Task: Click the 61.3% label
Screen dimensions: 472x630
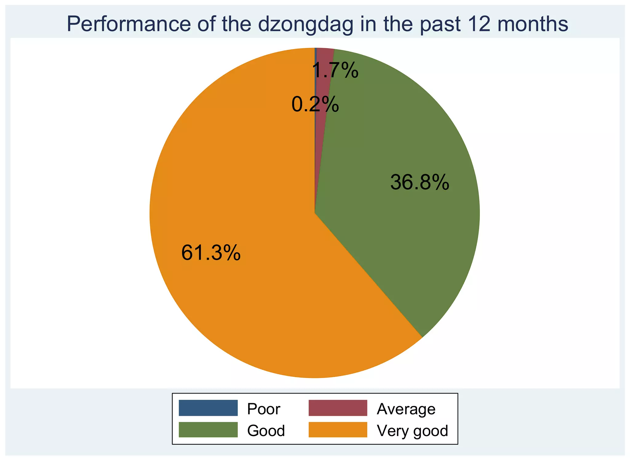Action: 211,253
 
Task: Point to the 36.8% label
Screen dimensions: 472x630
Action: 420,182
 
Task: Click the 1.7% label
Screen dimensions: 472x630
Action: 335,70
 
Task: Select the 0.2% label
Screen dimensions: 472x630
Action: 315,104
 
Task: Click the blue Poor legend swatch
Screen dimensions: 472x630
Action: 208,408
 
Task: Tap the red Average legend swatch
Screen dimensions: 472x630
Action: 338,408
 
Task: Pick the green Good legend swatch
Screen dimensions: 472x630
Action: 208,430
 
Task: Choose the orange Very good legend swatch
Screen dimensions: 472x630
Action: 338,430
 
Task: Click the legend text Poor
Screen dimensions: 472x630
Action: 264,409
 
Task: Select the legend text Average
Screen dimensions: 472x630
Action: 406,409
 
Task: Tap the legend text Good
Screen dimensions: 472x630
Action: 266,431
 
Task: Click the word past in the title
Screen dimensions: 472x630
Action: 440,25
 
